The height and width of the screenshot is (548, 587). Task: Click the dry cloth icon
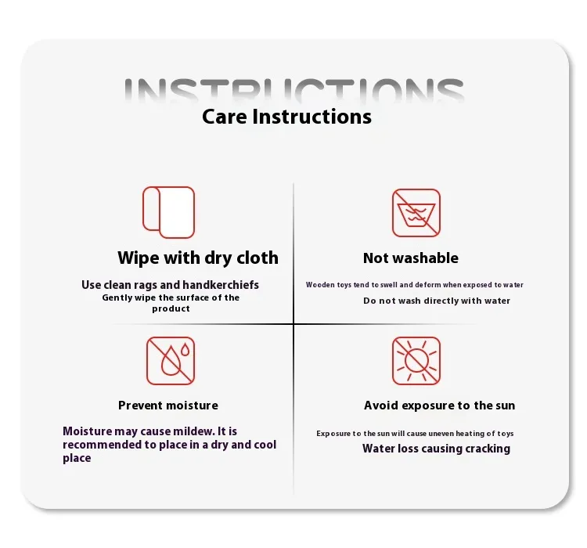point(168,212)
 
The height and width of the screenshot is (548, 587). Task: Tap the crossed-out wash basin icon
point(416,213)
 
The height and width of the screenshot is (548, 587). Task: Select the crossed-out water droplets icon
point(171,361)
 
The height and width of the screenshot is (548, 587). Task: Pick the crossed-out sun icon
point(416,361)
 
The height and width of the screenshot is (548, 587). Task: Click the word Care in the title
point(225,117)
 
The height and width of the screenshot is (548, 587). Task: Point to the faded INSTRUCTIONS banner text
point(293,90)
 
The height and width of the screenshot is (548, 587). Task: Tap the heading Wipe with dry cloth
point(198,258)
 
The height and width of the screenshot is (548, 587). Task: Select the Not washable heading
point(411,258)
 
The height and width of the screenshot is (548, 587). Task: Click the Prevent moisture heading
point(168,406)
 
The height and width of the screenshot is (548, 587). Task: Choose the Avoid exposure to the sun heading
point(440,406)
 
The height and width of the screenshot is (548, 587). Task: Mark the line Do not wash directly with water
point(437,301)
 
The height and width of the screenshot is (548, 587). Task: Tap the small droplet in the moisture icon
point(185,349)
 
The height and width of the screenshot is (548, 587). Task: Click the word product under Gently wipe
point(171,309)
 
